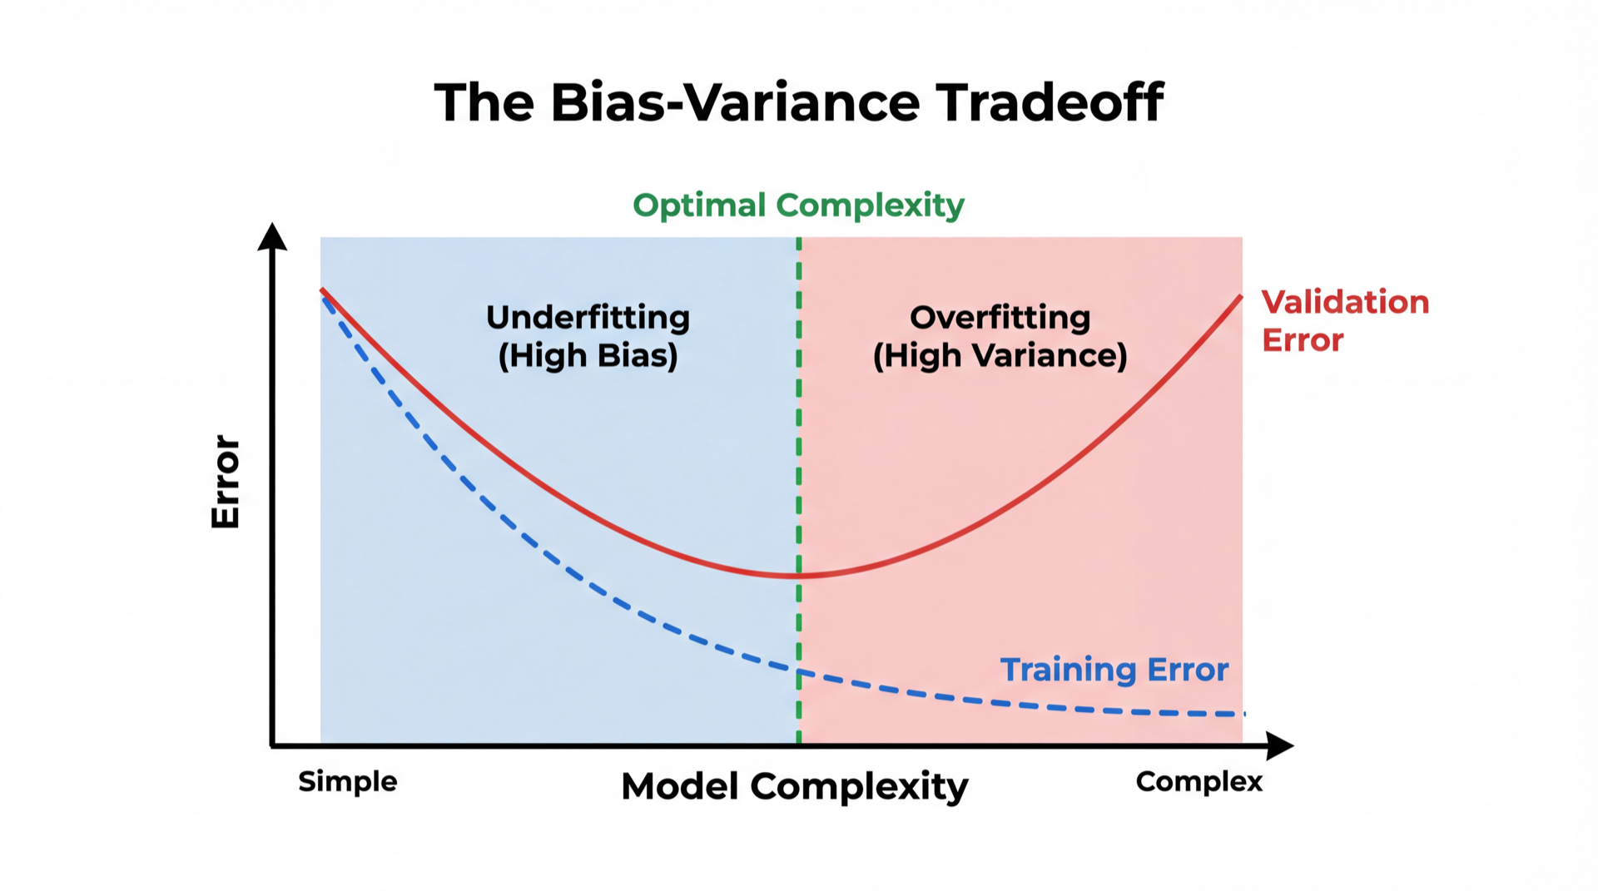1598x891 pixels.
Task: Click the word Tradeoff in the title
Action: (x=1050, y=102)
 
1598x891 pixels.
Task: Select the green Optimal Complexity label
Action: (x=798, y=205)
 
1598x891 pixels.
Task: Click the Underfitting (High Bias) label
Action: (x=588, y=336)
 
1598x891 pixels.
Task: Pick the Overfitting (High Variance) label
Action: (x=1000, y=336)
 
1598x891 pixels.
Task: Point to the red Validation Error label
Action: (x=1345, y=320)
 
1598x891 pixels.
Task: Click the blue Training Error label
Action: (x=1114, y=670)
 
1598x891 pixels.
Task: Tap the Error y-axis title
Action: (x=226, y=481)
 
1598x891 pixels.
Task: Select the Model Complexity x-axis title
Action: (x=795, y=786)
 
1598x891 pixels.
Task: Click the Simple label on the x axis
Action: (x=348, y=782)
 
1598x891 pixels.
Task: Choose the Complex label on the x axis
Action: (x=1198, y=782)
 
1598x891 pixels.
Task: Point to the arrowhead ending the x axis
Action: (x=1280, y=745)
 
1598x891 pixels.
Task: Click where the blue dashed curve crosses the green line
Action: (x=799, y=671)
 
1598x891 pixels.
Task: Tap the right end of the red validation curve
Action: (x=1241, y=296)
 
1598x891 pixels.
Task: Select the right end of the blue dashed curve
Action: (x=1243, y=714)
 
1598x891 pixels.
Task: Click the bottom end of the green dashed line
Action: (x=799, y=742)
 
